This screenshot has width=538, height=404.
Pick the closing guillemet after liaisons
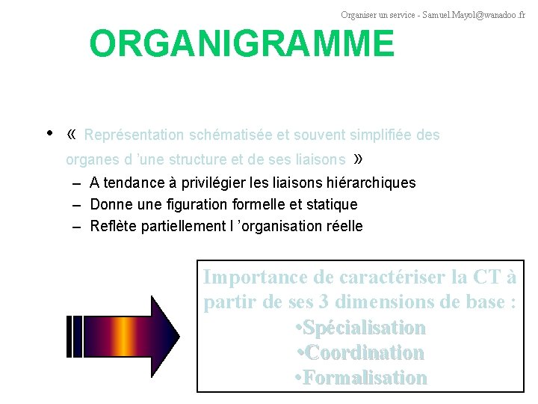(359, 159)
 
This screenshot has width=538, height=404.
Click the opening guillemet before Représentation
(72, 135)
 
